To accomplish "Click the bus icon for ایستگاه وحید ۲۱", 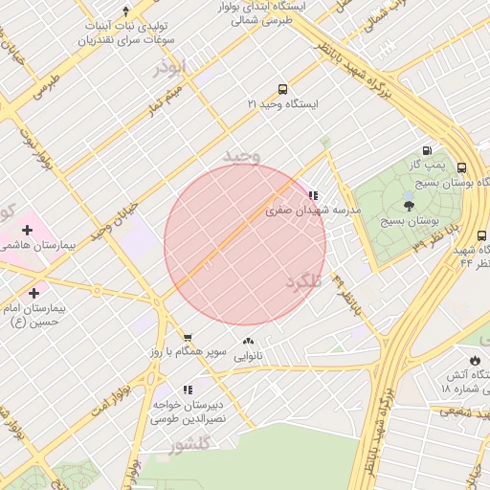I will pyautogui.click(x=281, y=89).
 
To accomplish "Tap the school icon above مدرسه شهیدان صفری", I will pyautogui.click(x=313, y=195).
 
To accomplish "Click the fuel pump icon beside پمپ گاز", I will pyautogui.click(x=427, y=150).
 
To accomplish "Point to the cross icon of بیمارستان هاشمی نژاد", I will pyautogui.click(x=27, y=230).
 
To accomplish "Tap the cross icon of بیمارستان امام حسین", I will pyautogui.click(x=34, y=293).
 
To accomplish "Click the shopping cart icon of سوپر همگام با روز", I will pyautogui.click(x=188, y=338).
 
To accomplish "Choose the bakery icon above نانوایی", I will pyautogui.click(x=248, y=342).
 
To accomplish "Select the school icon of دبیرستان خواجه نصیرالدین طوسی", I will pyautogui.click(x=188, y=390).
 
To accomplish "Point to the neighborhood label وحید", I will pyautogui.click(x=241, y=154).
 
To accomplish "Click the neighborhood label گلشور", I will pyautogui.click(x=189, y=445).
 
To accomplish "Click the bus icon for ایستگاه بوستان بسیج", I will pyautogui.click(x=462, y=167).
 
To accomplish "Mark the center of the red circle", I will pyautogui.click(x=245, y=245).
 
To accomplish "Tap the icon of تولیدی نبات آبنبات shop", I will pyautogui.click(x=125, y=11).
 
